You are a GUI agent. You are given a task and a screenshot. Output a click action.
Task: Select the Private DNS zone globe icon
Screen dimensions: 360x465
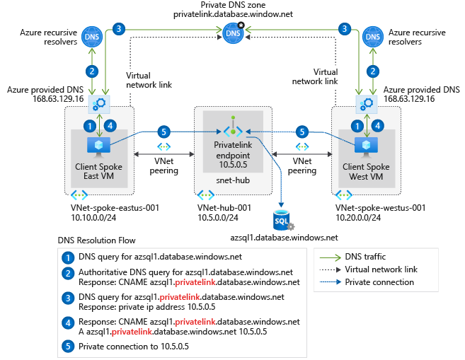[x=232, y=32]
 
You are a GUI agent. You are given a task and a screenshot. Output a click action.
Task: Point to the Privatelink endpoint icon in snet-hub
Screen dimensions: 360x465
[x=233, y=130]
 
